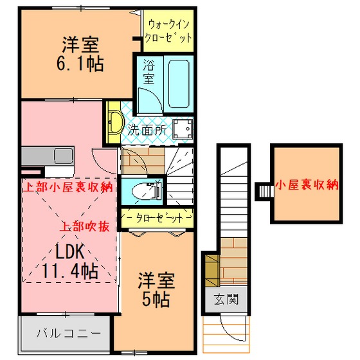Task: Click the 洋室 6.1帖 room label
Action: point(80,54)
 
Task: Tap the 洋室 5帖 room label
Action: point(156,290)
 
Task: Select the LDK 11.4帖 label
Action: point(70,261)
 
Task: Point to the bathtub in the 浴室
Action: point(179,84)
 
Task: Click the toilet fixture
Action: point(147,191)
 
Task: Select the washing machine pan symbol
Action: point(183,129)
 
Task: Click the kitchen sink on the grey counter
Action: point(64,156)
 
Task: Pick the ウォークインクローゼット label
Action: point(168,32)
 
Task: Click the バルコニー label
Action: point(69,333)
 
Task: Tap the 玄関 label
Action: point(226,299)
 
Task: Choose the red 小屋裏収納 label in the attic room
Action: point(307,185)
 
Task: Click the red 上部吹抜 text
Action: point(84,227)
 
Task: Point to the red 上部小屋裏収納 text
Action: point(68,187)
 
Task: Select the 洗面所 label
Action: point(147,130)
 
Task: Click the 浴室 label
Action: point(148,72)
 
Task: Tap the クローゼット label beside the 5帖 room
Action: point(159,218)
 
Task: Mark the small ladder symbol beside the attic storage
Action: point(264,192)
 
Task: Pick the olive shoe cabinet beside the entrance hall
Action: point(212,270)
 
